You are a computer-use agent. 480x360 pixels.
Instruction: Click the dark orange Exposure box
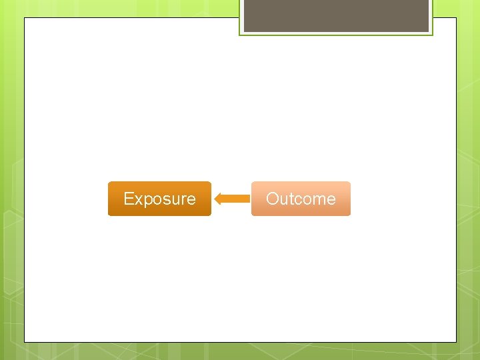point(159,199)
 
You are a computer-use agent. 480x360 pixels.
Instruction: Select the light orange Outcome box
point(301,199)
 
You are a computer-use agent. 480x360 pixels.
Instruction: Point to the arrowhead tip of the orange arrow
point(215,199)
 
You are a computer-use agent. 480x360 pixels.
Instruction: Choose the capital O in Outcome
point(272,199)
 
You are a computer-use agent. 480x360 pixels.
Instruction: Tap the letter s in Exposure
point(164,199)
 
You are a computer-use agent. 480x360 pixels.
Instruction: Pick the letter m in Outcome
point(317,199)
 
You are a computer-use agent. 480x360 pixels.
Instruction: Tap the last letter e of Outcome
point(331,199)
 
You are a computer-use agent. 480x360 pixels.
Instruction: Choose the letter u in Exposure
point(173,199)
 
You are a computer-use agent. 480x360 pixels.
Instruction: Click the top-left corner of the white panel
point(25,18)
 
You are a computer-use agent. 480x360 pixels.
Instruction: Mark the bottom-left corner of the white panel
point(25,342)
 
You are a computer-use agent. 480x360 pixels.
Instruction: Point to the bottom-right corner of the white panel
point(456,342)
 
